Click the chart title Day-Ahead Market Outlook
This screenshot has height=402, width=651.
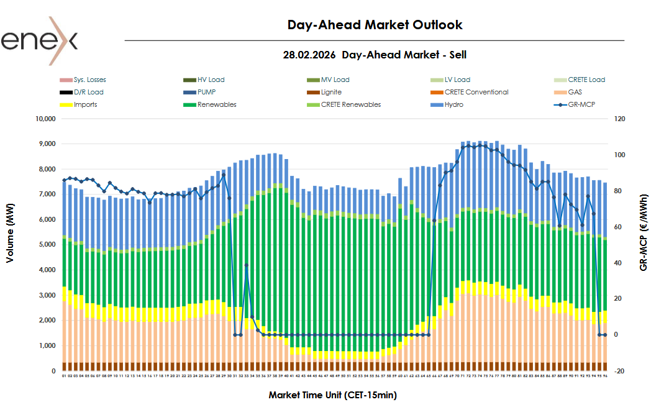[x=375, y=25]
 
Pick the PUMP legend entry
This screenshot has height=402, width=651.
[x=207, y=92]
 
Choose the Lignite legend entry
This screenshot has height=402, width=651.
[x=332, y=92]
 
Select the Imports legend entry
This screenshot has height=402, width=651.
[x=85, y=104]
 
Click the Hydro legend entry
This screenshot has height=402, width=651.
[x=453, y=104]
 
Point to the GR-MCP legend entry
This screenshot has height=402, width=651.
[x=581, y=104]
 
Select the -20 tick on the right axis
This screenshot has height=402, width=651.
[x=620, y=371]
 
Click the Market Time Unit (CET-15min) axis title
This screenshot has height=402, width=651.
[x=332, y=395]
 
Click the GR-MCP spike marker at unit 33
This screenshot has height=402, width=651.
[x=247, y=265]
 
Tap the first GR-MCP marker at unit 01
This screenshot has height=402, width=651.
[x=64, y=180]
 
